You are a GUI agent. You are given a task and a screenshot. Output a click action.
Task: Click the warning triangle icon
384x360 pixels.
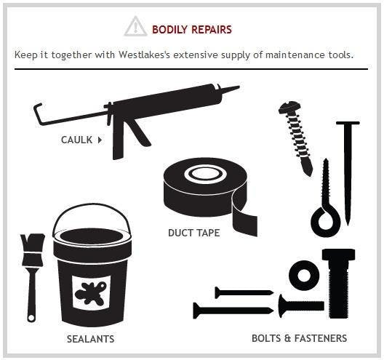[x=135, y=26]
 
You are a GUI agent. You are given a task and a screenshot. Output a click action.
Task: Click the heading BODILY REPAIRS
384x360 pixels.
[x=192, y=30]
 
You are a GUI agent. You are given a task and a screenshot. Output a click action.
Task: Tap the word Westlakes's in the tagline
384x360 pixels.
[x=144, y=55]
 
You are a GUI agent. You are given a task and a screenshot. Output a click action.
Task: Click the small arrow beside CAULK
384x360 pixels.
[x=100, y=140]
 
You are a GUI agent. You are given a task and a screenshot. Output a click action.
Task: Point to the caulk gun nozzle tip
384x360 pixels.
[x=238, y=87]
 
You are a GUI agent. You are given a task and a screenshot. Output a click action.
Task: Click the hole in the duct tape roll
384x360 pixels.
[x=203, y=174]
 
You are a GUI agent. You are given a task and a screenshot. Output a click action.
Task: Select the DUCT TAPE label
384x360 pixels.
[x=194, y=233]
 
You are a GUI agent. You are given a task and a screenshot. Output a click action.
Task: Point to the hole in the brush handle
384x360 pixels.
[x=31, y=318]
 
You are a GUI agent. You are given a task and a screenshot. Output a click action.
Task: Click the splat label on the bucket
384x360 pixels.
[x=91, y=293]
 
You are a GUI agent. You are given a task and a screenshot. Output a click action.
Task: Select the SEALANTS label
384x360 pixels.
[x=91, y=339]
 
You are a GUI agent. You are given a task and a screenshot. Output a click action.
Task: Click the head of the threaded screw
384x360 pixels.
[x=289, y=108]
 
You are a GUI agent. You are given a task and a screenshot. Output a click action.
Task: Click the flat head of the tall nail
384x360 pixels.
[x=348, y=123]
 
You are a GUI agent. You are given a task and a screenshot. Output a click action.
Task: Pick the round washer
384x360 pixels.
[x=304, y=275]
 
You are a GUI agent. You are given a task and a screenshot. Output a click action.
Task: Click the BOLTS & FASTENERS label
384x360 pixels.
[x=299, y=338]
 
